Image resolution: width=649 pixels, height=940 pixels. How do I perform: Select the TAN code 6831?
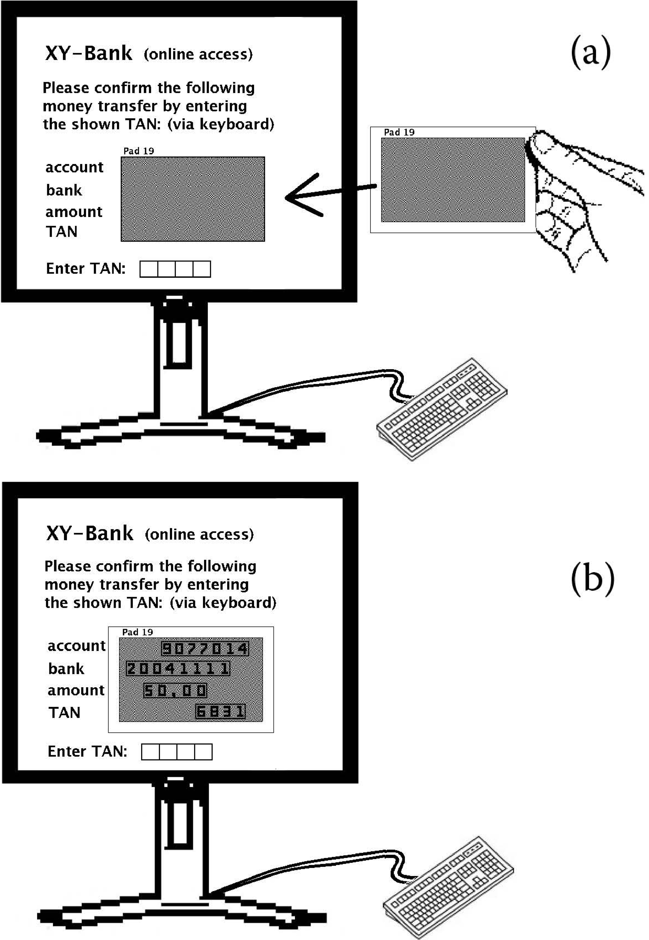coord(221,711)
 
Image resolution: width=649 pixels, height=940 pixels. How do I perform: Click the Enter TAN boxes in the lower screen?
coord(176,752)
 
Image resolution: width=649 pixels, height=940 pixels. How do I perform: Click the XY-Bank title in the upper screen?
coord(89,53)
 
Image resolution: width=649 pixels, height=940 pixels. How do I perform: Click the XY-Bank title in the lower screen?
coord(90,533)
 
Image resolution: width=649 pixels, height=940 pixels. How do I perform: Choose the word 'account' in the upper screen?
coord(74,167)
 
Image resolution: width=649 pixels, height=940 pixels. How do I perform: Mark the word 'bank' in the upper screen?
coord(64,190)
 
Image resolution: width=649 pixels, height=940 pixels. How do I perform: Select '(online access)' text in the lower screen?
coord(199,534)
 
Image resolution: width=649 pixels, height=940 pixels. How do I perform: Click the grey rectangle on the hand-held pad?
coord(453,180)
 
